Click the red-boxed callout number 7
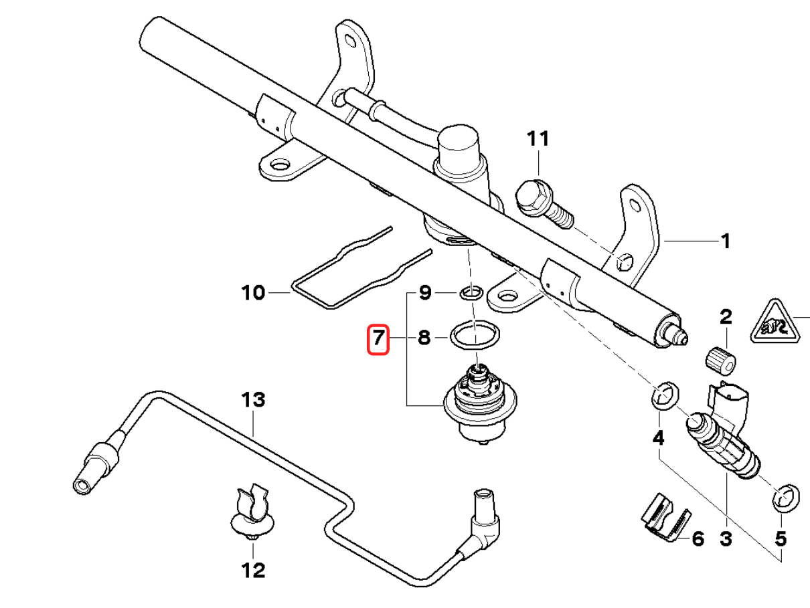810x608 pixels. point(378,339)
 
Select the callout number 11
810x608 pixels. point(538,139)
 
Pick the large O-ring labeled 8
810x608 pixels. point(475,334)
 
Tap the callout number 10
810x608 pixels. point(253,292)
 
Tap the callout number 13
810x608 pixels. point(254,401)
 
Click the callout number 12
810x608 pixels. point(253,571)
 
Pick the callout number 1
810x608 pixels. point(724,241)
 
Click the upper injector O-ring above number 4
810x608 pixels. point(663,395)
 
